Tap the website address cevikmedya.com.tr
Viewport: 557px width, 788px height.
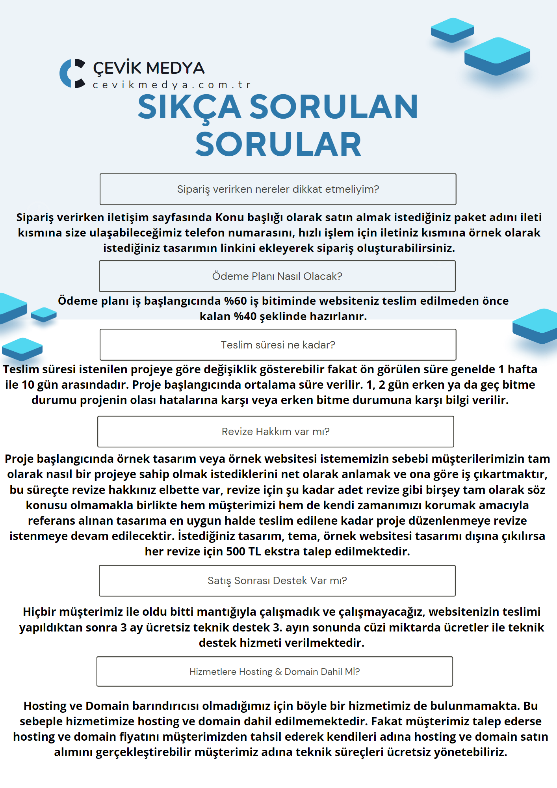tap(171, 85)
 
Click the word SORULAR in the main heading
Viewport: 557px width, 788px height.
tap(278, 145)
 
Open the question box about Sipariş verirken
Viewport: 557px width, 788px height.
tap(278, 189)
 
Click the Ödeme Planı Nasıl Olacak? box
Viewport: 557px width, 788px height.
tap(277, 276)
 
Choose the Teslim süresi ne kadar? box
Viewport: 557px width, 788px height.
tap(278, 345)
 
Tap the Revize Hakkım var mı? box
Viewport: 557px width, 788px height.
tap(275, 432)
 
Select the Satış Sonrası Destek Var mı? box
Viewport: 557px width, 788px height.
tap(277, 581)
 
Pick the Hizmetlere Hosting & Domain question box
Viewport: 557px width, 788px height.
tap(275, 672)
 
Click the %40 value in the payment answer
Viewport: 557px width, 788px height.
tap(245, 317)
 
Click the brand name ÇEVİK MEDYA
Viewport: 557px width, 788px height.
tap(149, 68)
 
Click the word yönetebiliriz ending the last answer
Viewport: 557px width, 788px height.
tap(470, 752)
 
